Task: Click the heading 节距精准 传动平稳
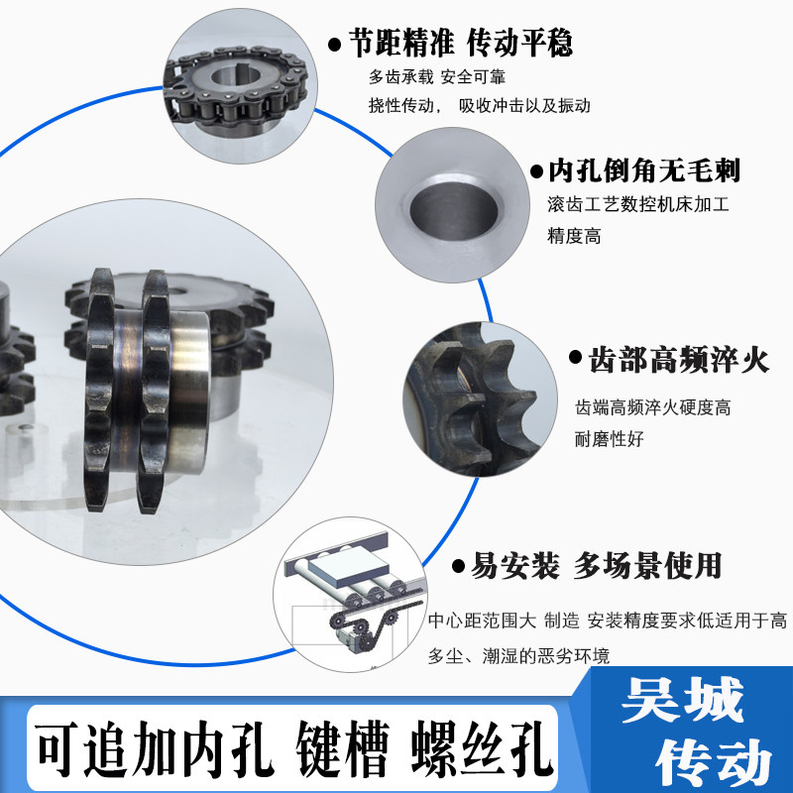coord(460,43)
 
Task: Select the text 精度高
coord(574,236)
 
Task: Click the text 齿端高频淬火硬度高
coord(653,407)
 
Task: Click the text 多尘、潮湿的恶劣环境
coord(518,655)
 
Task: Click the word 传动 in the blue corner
coord(714,761)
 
